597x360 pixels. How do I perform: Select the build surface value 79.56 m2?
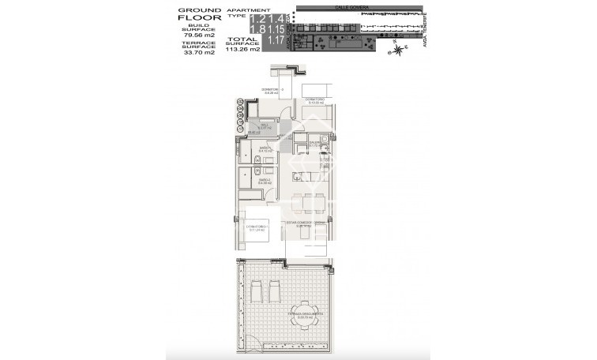coord(197,36)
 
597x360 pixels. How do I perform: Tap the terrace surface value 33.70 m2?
coord(197,53)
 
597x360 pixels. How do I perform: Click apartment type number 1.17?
coord(276,39)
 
